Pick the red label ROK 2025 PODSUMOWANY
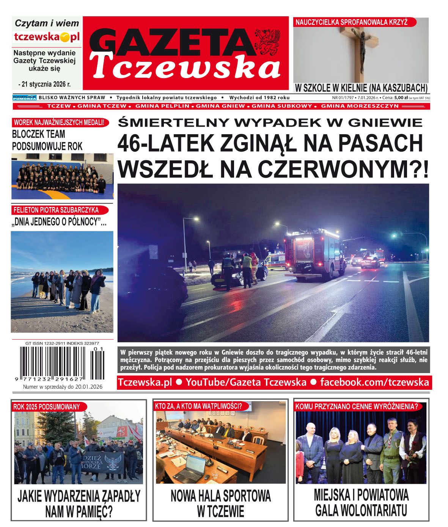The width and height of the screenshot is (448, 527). point(47,407)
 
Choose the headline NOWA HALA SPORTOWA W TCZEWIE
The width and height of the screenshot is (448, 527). point(220,503)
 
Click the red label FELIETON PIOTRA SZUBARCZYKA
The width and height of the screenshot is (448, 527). point(56,210)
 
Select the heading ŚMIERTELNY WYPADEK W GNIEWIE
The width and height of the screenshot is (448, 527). point(270,122)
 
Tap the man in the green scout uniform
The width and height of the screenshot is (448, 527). point(390,447)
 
